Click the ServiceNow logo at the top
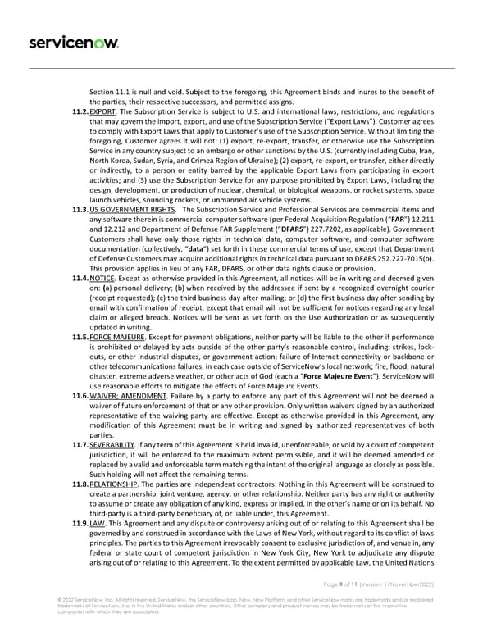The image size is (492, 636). click(x=74, y=42)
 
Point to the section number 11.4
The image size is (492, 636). click(x=80, y=258)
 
